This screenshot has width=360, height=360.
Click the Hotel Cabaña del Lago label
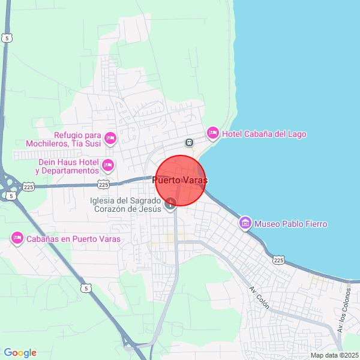tap(264, 134)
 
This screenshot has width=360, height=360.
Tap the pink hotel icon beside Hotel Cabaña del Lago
tap(212, 132)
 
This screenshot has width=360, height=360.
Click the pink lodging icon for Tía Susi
tap(110, 139)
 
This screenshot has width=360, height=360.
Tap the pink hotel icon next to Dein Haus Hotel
tap(108, 164)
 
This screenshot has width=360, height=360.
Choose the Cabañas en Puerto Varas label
tap(73, 239)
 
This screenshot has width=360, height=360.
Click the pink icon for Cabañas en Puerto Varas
tap(17, 238)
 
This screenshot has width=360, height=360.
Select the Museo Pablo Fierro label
tap(291, 224)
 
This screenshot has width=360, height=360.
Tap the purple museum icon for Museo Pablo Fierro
tap(245, 224)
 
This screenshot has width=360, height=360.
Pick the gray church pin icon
tap(171, 203)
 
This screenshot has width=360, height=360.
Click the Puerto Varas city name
tap(180, 180)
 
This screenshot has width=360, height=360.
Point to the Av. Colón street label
tap(260, 298)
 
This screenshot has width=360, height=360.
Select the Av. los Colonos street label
tap(343, 310)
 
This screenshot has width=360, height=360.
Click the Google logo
tap(20, 353)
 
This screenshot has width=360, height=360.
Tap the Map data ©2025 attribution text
tap(334, 355)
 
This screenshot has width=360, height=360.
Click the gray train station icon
tap(189, 143)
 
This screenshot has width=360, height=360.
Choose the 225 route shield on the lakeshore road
tap(278, 260)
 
